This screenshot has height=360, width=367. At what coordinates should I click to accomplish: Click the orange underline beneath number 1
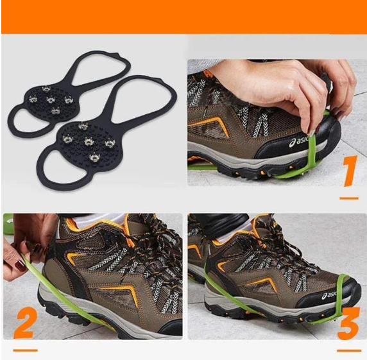[348, 198]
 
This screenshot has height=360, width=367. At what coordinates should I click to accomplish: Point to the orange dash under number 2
[25, 350]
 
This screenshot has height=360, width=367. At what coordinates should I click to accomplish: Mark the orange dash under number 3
[349, 350]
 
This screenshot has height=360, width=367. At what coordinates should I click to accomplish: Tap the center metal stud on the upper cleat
[51, 99]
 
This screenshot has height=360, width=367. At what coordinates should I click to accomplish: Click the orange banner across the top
[183, 17]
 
